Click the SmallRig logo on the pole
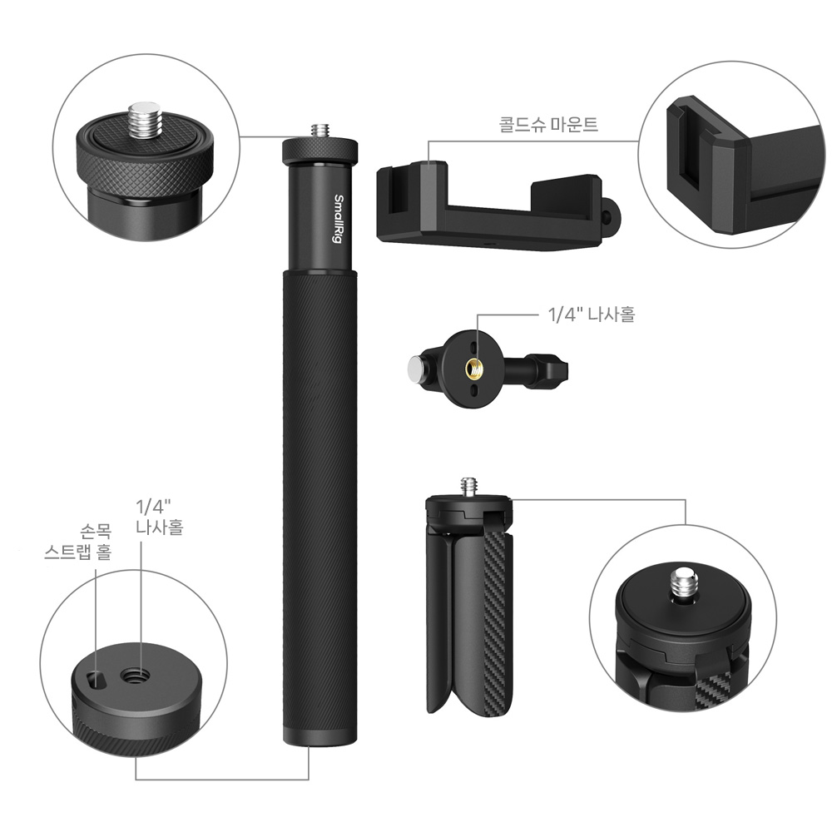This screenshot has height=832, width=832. coord(338,219)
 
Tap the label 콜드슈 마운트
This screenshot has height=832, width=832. coord(548,124)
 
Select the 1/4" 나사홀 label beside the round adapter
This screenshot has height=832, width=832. coord(591,314)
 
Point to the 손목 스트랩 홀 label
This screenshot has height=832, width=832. coord(78,542)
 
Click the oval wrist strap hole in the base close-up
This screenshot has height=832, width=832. coord(96,679)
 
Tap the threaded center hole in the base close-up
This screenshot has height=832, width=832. coord(135,676)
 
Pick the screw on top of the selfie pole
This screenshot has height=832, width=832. coord(319,131)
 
